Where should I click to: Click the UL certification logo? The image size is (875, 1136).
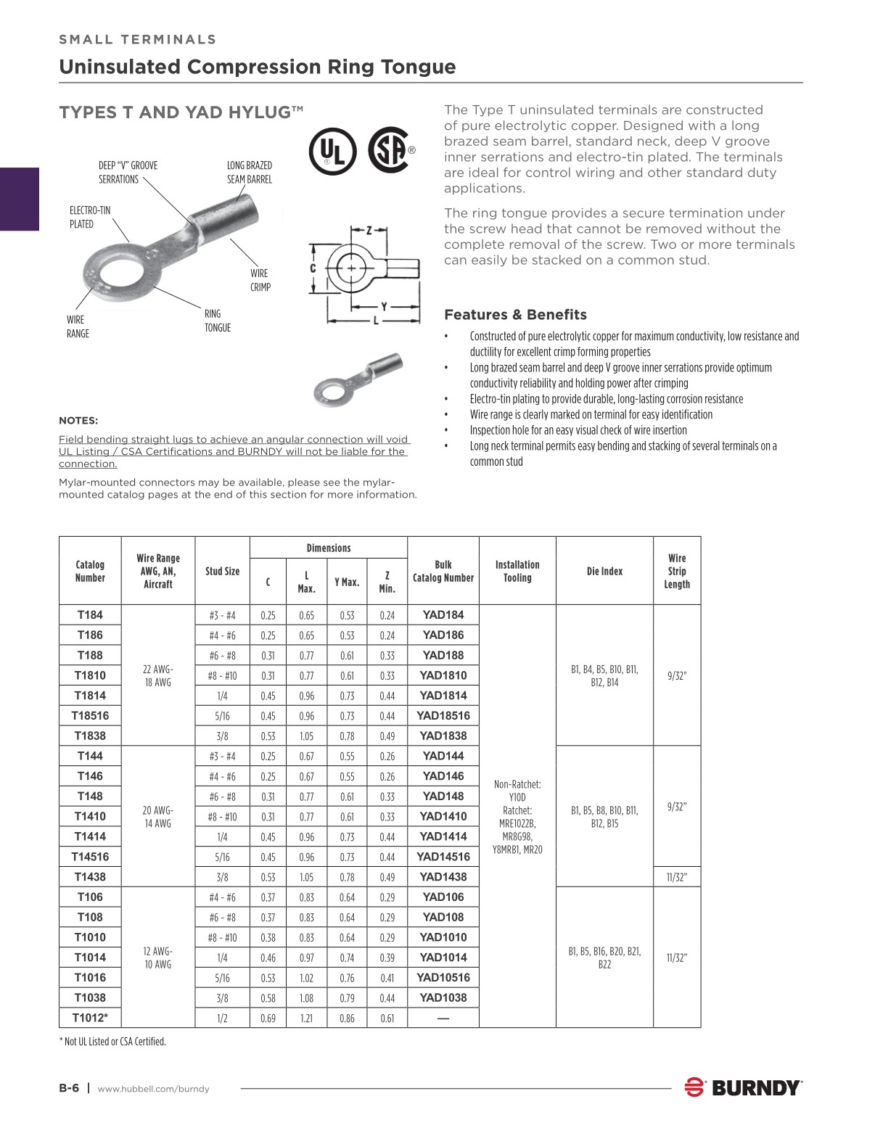point(332,152)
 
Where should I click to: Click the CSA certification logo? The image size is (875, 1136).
point(390,150)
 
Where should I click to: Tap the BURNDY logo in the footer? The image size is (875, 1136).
point(743,1087)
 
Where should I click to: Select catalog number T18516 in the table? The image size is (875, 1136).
point(90,715)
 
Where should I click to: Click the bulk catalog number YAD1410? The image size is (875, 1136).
point(443,816)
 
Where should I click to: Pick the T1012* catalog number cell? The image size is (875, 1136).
point(90,1018)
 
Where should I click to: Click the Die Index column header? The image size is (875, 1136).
point(604,572)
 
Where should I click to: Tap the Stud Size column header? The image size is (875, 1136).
point(222,572)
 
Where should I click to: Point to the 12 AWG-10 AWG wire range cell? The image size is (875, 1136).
point(157,958)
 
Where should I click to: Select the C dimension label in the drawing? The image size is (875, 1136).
point(313,268)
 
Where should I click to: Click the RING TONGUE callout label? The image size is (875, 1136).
point(217,321)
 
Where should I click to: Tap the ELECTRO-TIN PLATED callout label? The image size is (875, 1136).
point(90,217)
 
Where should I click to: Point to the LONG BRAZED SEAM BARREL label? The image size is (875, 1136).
point(249,173)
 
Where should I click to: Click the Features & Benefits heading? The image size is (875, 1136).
point(515,315)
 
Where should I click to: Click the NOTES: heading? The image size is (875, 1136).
point(78,421)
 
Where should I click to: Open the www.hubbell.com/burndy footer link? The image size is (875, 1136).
point(153,1088)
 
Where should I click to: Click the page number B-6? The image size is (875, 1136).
point(69,1087)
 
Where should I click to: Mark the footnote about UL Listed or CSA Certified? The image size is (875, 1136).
point(112,1042)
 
